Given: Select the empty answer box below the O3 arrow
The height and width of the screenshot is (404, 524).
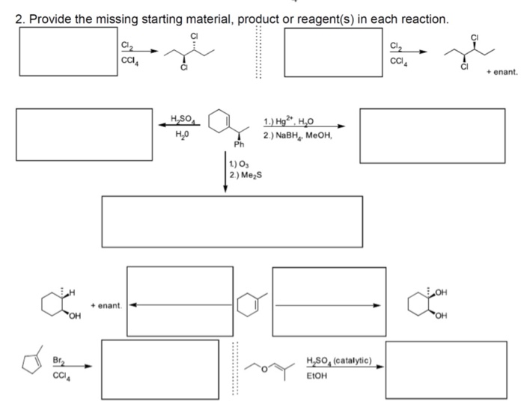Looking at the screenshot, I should (232, 220).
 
